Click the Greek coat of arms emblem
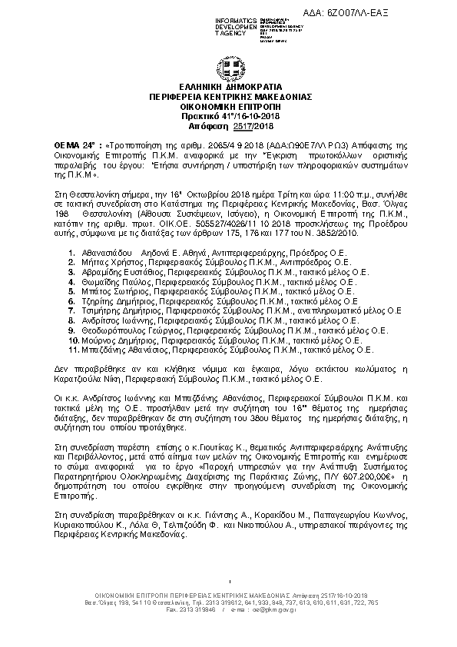(x=229, y=66)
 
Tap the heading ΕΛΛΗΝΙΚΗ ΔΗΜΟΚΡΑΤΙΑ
(x=229, y=88)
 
